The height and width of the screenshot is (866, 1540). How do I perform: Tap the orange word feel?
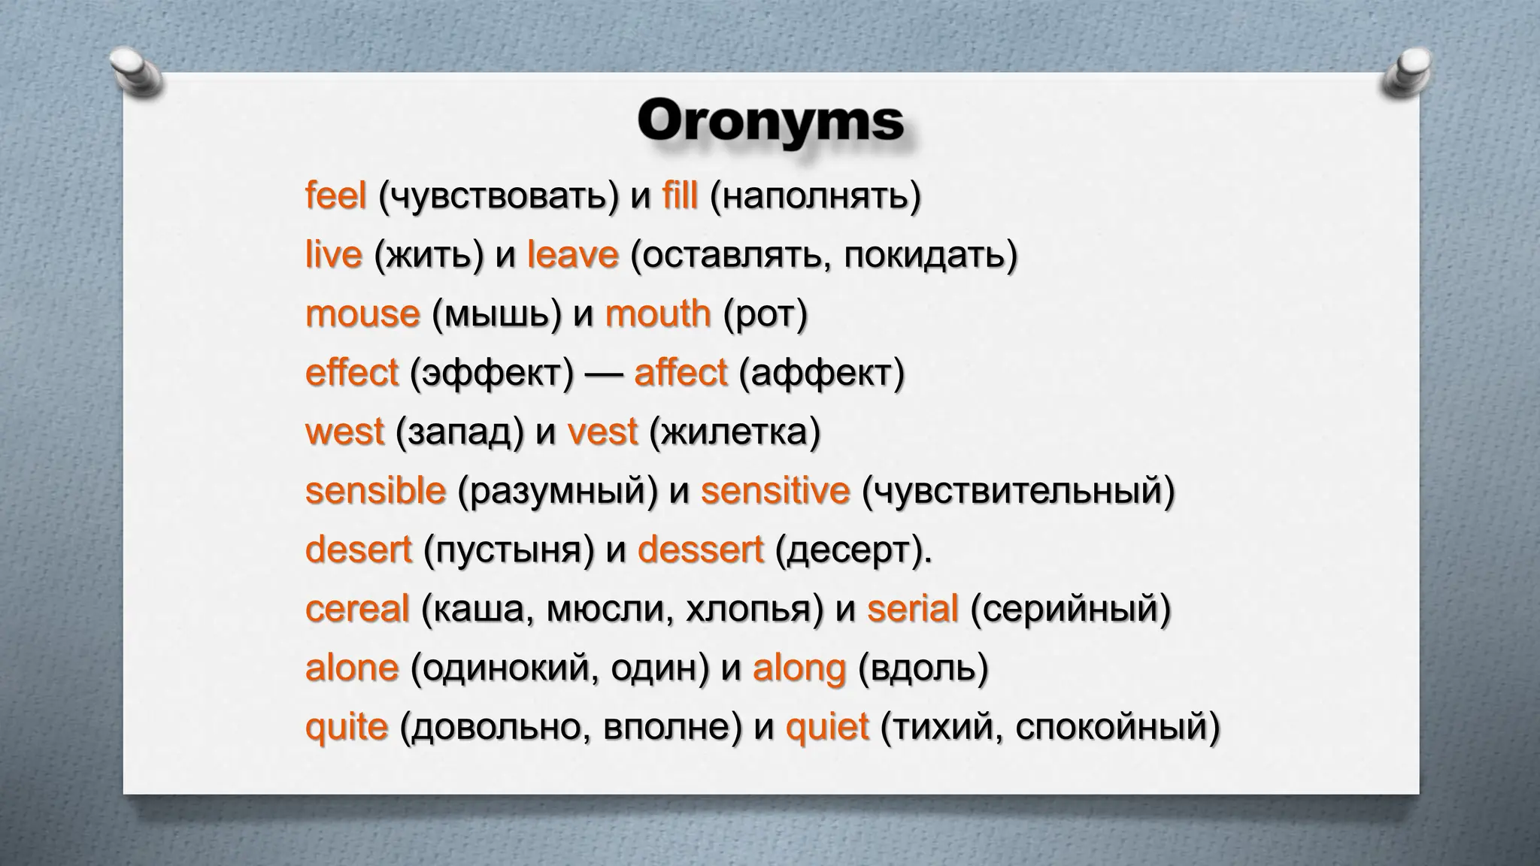pyautogui.click(x=335, y=197)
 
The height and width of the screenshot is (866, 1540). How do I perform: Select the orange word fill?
pyautogui.click(x=680, y=197)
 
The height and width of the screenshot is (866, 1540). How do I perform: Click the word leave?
pyautogui.click(x=572, y=256)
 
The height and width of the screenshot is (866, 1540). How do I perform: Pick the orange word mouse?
pyautogui.click(x=362, y=314)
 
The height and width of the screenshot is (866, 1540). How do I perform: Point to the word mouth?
pyautogui.click(x=658, y=314)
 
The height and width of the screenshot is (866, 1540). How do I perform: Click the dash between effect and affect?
pyautogui.click(x=603, y=374)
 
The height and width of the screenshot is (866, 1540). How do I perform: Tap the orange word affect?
pyautogui.click(x=681, y=374)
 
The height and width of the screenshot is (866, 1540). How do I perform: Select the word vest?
pyautogui.click(x=602, y=433)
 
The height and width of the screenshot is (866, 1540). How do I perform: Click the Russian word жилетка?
pyautogui.click(x=734, y=433)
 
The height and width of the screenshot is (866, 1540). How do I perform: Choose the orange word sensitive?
pyautogui.click(x=775, y=492)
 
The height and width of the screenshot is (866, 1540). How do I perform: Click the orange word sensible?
pyautogui.click(x=375, y=492)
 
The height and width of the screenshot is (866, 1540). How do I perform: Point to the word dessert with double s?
pyautogui.click(x=700, y=550)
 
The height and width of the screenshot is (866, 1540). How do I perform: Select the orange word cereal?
pyautogui.click(x=357, y=609)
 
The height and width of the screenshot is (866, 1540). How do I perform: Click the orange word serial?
pyautogui.click(x=912, y=609)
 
